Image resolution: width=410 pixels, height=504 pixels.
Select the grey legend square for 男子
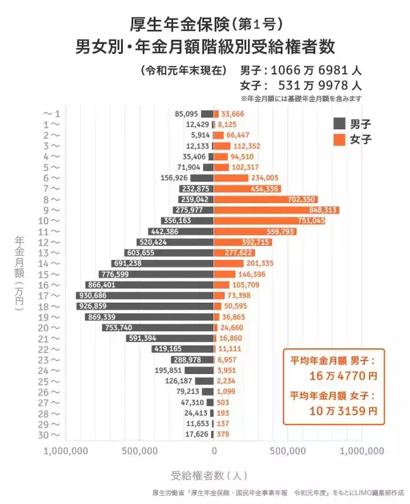(x=338, y=124)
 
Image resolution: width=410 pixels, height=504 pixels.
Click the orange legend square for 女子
(x=338, y=140)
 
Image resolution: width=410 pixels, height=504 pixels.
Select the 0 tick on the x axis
(x=214, y=451)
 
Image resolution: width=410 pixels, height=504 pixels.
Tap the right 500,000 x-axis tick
(x=287, y=451)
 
